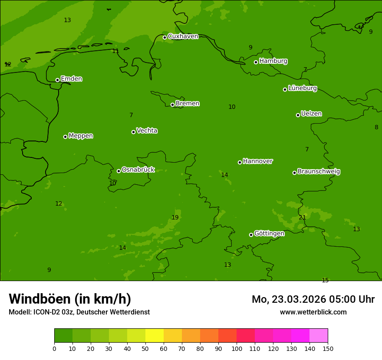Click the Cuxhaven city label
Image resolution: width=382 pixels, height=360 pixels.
[x=183, y=36]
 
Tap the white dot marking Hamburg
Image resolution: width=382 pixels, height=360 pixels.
[x=256, y=62]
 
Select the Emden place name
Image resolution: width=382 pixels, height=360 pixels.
[x=71, y=79]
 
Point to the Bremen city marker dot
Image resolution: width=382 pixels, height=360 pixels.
[x=172, y=105]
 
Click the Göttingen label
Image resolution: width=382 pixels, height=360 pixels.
[x=269, y=234]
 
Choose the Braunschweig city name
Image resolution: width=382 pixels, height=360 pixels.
[x=319, y=172]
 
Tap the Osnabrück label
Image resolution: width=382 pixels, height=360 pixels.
[x=138, y=170]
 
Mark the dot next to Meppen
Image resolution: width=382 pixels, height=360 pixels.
[x=65, y=137]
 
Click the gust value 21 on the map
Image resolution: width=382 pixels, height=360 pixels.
[x=302, y=218]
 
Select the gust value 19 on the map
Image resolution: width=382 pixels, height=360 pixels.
[x=175, y=218]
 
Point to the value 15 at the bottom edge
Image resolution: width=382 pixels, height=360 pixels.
[x=325, y=281]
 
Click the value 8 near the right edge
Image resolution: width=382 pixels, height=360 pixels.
[x=376, y=128]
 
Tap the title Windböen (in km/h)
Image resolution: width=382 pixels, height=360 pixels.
[x=70, y=299]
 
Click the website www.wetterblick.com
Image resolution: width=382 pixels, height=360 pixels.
[x=313, y=312]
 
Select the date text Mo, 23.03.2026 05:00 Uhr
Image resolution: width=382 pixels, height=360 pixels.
[x=313, y=299]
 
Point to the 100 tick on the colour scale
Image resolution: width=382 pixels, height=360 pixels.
[x=237, y=348]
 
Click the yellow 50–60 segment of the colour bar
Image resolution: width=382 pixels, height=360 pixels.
[x=155, y=336]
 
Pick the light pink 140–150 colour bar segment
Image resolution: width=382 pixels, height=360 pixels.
[x=319, y=336]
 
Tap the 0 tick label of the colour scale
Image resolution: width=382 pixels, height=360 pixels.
[x=54, y=348]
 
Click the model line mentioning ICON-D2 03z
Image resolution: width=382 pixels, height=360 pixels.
[x=79, y=312]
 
